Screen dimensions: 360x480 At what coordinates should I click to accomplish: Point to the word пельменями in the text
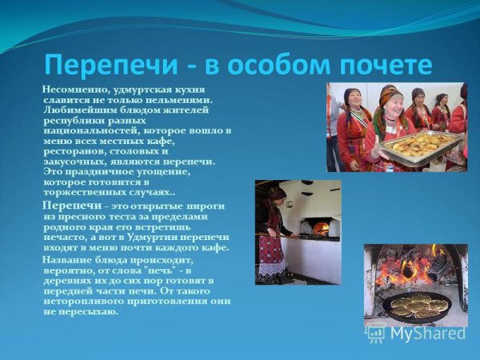(185, 99)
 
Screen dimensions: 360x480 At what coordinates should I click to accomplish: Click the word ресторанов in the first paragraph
(67, 150)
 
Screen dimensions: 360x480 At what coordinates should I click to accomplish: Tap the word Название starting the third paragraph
(66, 260)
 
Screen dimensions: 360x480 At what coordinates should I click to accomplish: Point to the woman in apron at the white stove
(272, 232)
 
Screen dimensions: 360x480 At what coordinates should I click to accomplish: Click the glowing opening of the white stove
(322, 227)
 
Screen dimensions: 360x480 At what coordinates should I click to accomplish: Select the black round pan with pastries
(414, 306)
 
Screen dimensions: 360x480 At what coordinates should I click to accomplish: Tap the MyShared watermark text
(429, 334)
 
